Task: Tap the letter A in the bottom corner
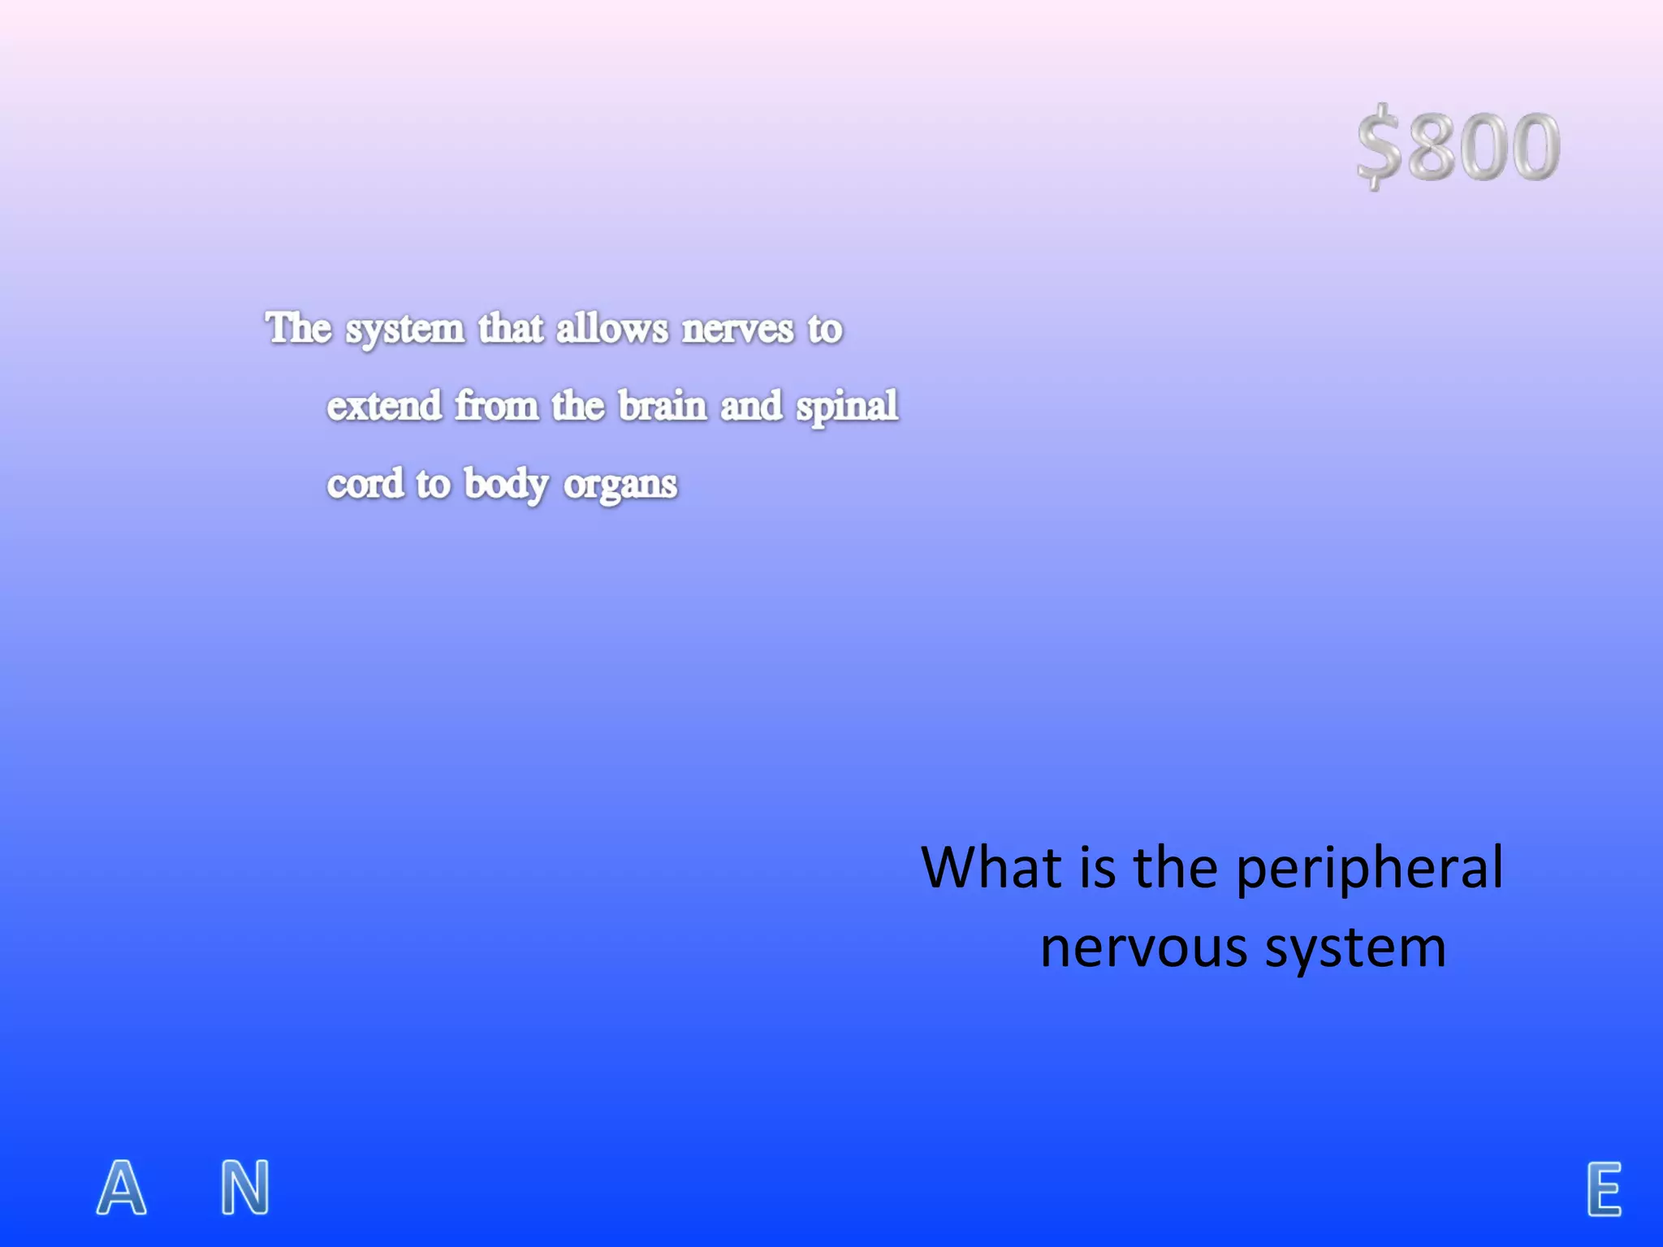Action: tap(122, 1187)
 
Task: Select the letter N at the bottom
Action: tap(245, 1187)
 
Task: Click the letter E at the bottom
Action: tap(1604, 1189)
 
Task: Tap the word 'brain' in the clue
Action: tap(663, 405)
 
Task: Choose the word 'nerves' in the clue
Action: tap(737, 330)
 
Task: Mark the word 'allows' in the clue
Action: tap(612, 329)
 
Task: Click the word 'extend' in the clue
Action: tap(384, 405)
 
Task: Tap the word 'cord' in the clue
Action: tap(365, 484)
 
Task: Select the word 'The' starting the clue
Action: tap(299, 328)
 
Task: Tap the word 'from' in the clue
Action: tap(496, 405)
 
